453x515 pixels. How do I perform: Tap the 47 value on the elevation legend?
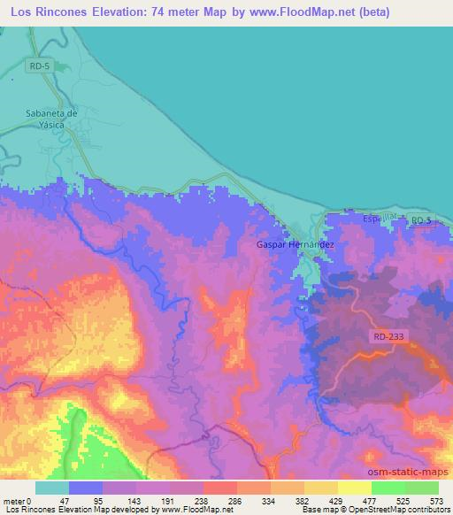click(66, 500)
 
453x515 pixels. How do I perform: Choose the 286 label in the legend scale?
click(234, 500)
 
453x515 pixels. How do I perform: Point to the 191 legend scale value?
click(167, 500)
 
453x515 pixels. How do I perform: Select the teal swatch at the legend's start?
click(51, 488)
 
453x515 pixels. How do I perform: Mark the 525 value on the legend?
click(402, 500)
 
